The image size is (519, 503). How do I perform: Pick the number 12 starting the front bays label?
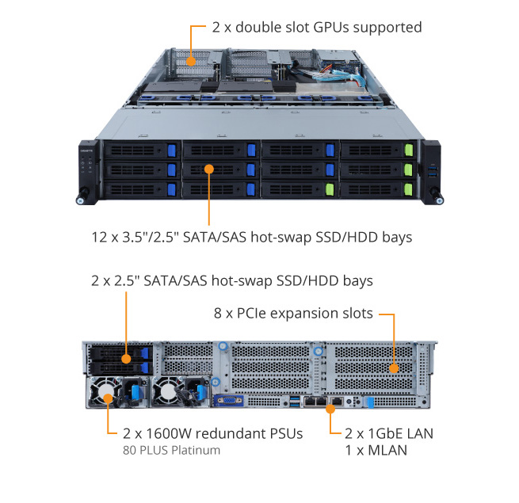(97, 236)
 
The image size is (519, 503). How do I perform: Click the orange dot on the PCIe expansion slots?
(394, 369)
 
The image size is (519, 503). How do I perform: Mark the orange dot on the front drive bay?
(209, 168)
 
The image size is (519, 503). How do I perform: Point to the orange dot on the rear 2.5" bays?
(125, 359)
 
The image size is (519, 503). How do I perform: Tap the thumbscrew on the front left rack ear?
(82, 197)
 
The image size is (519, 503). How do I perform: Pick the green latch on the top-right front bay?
(408, 151)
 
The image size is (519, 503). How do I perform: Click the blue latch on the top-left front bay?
(171, 150)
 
